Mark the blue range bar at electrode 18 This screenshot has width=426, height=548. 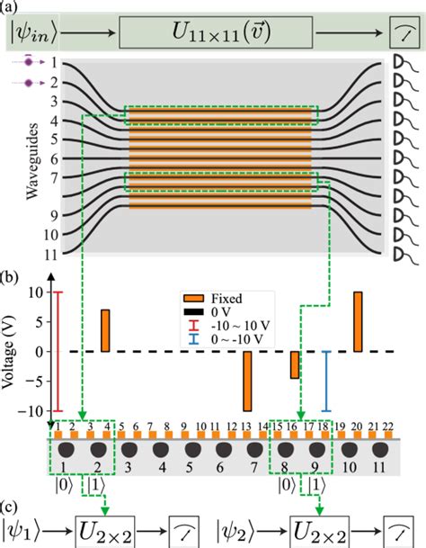point(327,381)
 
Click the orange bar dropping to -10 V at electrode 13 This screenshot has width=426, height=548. point(248,381)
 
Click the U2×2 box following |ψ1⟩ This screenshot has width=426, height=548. point(105,525)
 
